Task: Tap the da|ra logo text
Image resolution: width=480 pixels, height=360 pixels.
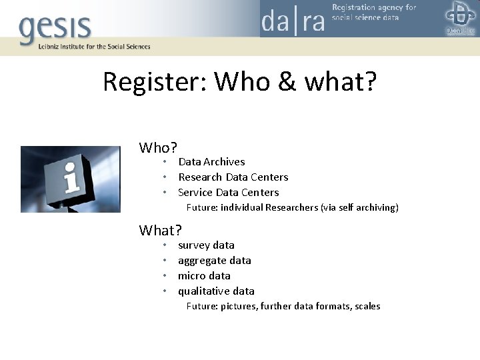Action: pos(293,22)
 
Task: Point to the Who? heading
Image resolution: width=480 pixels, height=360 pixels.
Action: pos(157,147)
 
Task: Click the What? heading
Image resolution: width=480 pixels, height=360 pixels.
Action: pos(160,231)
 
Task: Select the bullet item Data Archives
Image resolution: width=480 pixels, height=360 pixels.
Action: pos(211,162)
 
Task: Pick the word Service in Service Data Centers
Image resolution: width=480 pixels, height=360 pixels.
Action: pos(195,193)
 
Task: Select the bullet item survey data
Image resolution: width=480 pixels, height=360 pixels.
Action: pos(206,245)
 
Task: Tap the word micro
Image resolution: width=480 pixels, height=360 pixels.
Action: pos(191,276)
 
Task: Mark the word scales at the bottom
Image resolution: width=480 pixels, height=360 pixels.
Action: pos(366,307)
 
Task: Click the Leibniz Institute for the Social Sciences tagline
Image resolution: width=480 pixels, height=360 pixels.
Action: pos(85,47)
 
